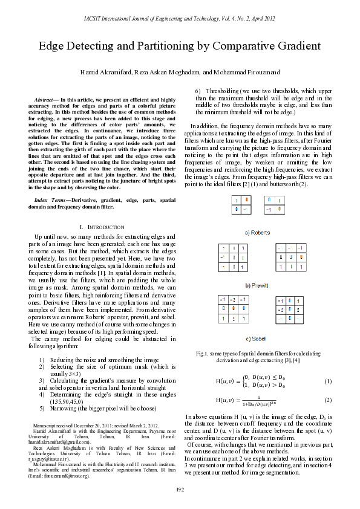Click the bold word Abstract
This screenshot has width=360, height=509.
click(44, 99)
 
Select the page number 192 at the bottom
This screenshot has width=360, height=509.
click(180, 488)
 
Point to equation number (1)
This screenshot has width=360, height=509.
click(328, 381)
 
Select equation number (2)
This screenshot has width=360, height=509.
click(328, 400)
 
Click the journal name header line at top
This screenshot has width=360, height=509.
click(180, 19)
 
